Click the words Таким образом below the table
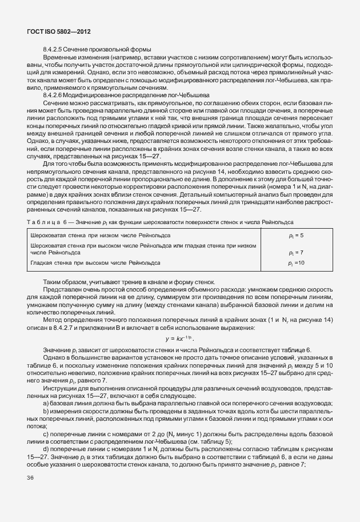click(62, 282)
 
